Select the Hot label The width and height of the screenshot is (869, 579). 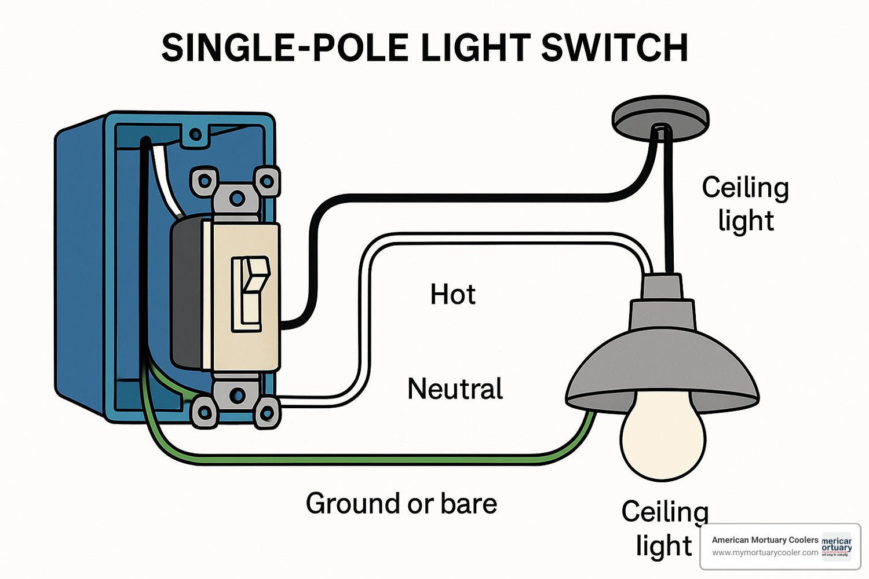coord(452,295)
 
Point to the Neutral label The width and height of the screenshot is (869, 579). coord(455,389)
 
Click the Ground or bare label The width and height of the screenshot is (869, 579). coord(401,503)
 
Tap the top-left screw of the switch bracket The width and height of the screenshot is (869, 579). coord(205,181)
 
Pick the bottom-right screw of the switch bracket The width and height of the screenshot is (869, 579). coord(266,413)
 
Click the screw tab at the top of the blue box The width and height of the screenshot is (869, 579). coord(196,135)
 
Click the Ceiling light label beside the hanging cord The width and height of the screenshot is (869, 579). coord(745,204)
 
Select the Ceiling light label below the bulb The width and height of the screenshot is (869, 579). coord(664,529)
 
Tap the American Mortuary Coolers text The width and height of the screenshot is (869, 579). coord(765,540)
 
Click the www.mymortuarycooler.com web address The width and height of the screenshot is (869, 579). coord(765,553)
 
